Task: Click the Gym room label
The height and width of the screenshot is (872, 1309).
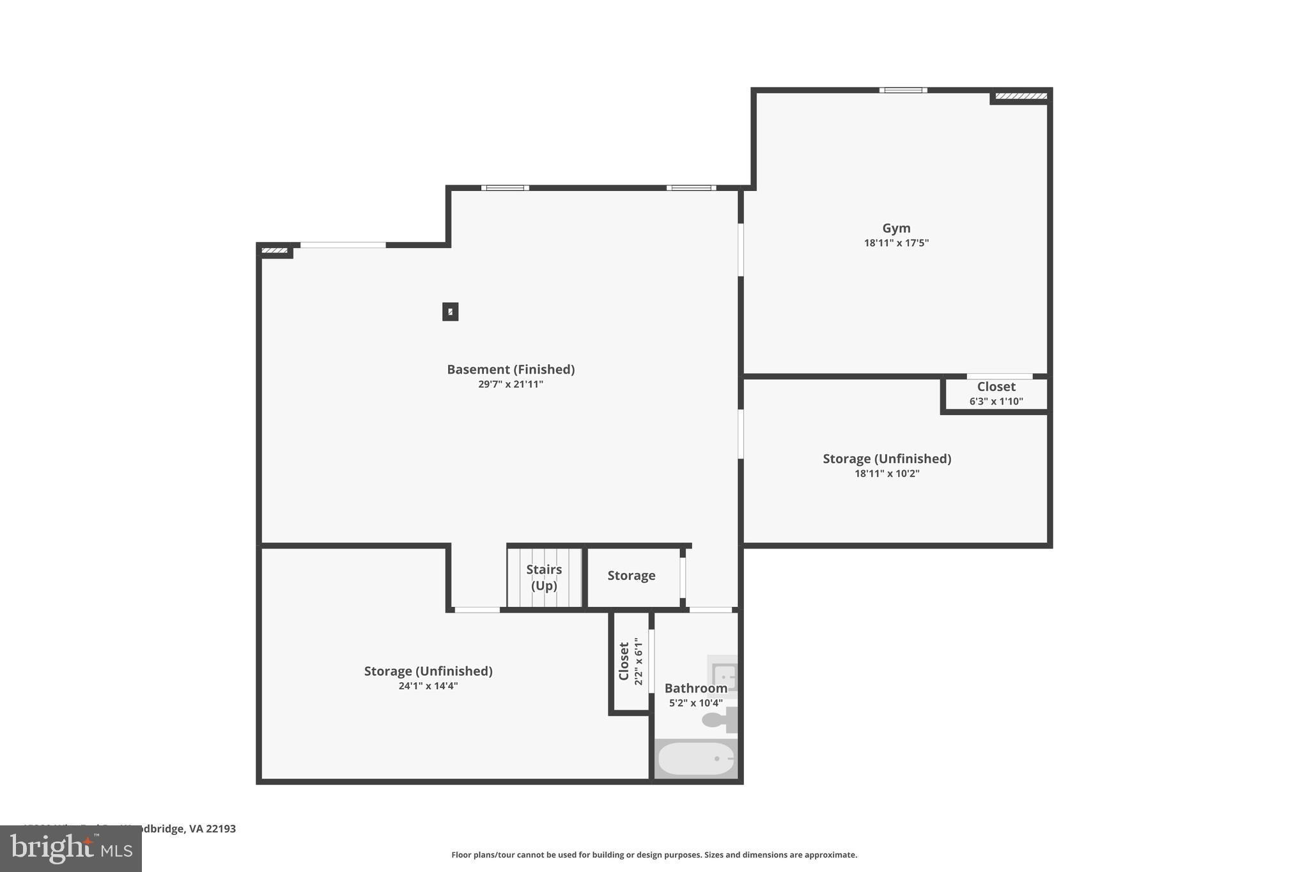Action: (x=896, y=228)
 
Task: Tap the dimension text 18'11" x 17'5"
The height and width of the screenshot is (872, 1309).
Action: (x=896, y=243)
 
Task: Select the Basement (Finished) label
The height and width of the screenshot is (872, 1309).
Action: (x=510, y=369)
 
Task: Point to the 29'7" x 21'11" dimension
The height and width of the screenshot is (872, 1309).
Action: (x=510, y=385)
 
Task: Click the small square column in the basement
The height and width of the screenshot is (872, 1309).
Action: (x=450, y=312)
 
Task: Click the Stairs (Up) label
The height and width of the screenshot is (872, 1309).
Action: (x=544, y=577)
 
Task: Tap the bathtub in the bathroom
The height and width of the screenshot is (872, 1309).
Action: (x=695, y=759)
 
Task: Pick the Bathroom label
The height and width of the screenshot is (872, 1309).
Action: (x=695, y=688)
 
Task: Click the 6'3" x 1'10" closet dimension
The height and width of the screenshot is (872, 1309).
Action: (x=996, y=402)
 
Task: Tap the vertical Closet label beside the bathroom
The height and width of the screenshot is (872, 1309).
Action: (x=624, y=661)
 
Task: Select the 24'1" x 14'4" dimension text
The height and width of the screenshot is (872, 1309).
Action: (x=428, y=686)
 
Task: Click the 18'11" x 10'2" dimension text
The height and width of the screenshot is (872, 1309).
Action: (x=887, y=474)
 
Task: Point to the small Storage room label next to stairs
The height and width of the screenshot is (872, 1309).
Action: (x=631, y=576)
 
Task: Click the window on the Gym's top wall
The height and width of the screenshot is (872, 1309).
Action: (x=902, y=90)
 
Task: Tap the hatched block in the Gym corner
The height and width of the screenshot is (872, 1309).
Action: (x=1021, y=96)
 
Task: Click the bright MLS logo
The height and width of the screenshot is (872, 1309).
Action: (x=70, y=849)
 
